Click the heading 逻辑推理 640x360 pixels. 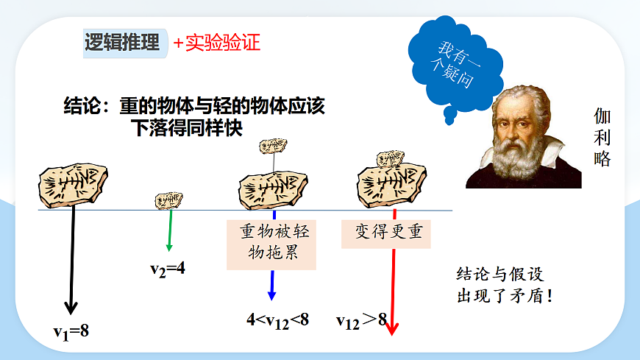[122, 43]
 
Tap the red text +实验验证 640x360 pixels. [217, 43]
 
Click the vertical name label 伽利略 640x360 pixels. [602, 138]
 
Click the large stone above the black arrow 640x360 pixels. [73, 183]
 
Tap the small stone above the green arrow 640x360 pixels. [168, 200]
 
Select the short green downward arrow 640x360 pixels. [170, 232]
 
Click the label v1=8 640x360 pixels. [71, 331]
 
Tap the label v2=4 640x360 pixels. [168, 269]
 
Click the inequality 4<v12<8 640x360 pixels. [277, 320]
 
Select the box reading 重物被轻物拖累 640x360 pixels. [274, 244]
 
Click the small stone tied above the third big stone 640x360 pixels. [273, 145]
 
